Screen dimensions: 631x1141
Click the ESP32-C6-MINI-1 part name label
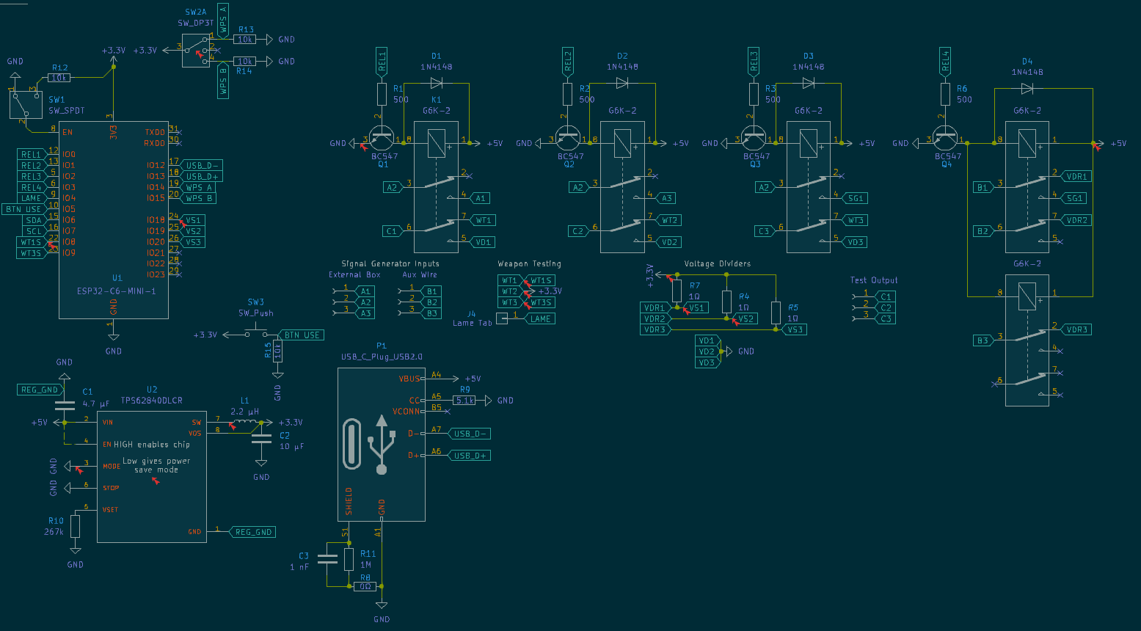click(x=116, y=291)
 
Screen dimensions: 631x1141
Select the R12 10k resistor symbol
click(x=59, y=78)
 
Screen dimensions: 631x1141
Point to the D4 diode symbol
click(x=1027, y=89)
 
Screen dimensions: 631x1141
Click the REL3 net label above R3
click(x=754, y=62)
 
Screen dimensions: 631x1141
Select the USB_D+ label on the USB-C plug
click(x=470, y=456)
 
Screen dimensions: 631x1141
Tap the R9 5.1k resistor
click(x=464, y=401)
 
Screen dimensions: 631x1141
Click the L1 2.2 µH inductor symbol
click(x=245, y=422)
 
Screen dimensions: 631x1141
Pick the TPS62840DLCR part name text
click(x=151, y=401)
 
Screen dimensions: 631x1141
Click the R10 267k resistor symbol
click(x=75, y=526)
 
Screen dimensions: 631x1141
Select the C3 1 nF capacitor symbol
click(x=327, y=561)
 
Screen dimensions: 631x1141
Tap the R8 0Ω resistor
click(x=365, y=586)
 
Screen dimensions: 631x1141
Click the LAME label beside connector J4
click(x=540, y=318)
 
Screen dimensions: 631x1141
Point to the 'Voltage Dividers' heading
click(x=717, y=263)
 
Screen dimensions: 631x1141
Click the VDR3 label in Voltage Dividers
click(x=655, y=329)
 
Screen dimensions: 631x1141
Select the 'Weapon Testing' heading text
click(x=529, y=263)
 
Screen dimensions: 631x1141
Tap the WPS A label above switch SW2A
click(x=223, y=18)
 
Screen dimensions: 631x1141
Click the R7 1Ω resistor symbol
click(x=676, y=290)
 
